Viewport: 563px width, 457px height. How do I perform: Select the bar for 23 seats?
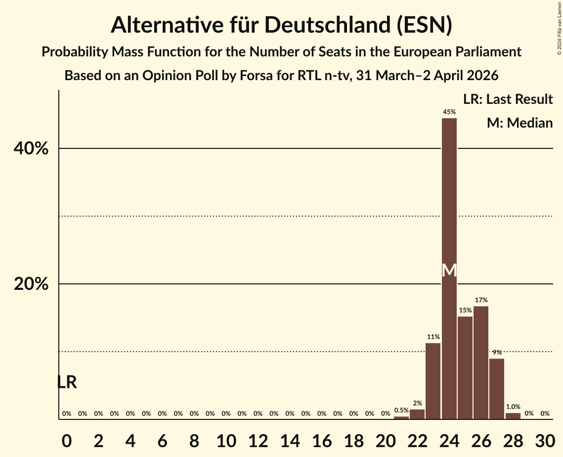(433, 381)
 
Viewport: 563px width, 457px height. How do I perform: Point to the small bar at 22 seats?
(417, 414)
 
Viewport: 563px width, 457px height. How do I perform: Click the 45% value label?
(449, 112)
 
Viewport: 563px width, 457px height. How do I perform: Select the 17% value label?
(481, 300)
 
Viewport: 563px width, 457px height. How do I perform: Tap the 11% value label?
(433, 337)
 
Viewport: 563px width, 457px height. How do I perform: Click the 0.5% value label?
(401, 410)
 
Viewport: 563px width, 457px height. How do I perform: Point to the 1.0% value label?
(513, 407)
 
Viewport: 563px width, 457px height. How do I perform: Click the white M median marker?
(449, 271)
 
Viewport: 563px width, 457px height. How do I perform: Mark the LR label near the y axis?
(67, 382)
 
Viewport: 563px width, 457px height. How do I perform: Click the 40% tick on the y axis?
(31, 148)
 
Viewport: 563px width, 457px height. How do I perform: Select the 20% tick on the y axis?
(31, 284)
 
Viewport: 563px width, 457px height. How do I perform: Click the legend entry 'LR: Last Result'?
(508, 99)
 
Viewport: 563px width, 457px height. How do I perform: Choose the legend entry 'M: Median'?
(520, 123)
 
